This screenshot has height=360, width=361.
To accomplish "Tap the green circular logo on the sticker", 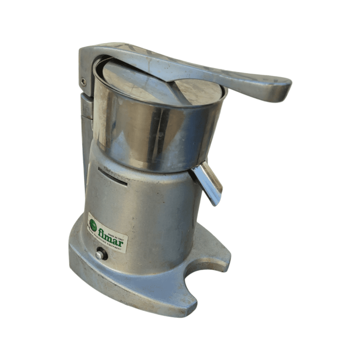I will tap(93, 223).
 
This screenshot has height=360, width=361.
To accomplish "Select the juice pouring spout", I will tap(208, 183).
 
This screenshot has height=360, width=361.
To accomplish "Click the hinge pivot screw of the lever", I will tap(83, 82).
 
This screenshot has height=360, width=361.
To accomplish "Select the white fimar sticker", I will tap(108, 233).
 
